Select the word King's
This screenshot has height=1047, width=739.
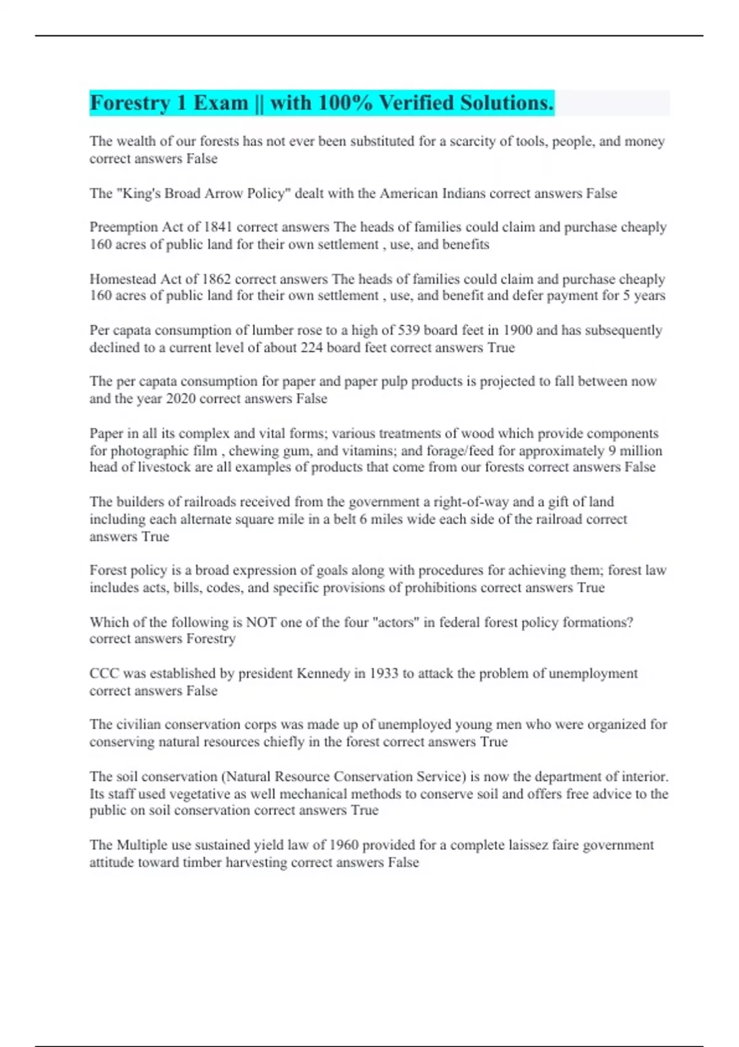click(x=140, y=193)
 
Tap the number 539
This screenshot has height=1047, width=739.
click(x=409, y=330)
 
